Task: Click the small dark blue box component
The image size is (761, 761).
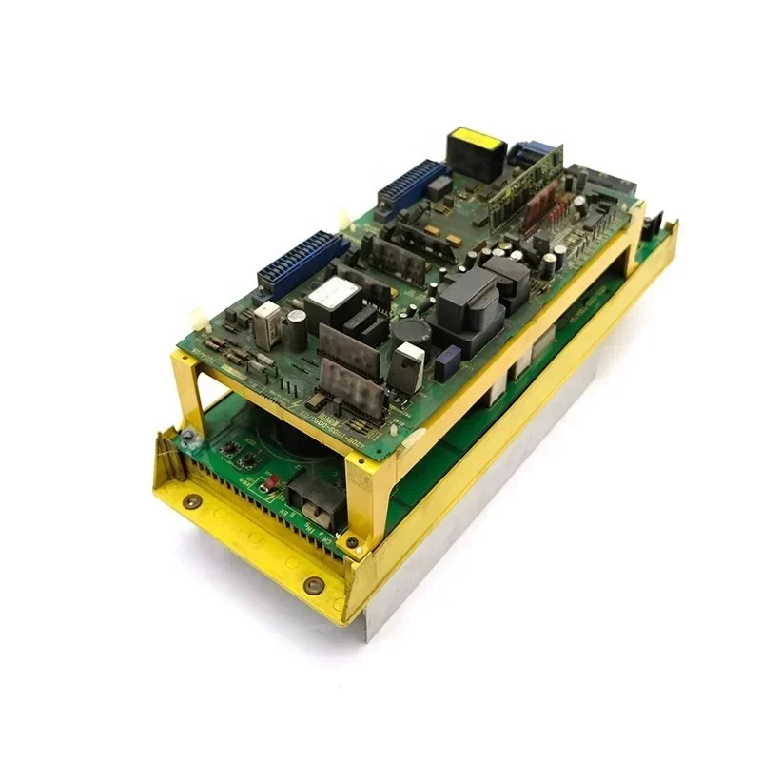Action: point(435,191)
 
